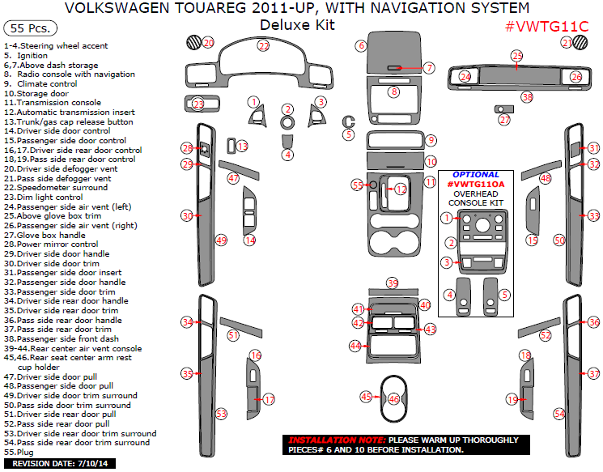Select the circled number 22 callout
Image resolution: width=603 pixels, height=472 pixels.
click(x=263, y=46)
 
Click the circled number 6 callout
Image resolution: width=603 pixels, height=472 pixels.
click(x=361, y=46)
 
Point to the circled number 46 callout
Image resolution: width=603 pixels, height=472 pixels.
click(x=394, y=399)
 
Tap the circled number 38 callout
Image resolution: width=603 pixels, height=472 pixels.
click(x=527, y=97)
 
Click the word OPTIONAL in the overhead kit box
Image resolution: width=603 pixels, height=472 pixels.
click(x=476, y=175)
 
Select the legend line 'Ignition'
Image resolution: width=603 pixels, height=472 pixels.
click(x=32, y=56)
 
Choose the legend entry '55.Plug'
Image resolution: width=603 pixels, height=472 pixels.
click(x=20, y=453)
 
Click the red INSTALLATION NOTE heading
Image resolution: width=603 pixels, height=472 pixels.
click(x=328, y=440)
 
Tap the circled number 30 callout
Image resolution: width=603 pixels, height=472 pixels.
click(x=187, y=216)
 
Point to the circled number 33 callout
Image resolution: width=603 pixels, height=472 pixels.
click(x=593, y=216)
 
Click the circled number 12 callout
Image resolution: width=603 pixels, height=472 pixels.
click(x=401, y=189)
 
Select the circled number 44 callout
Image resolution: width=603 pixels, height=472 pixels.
click(x=355, y=346)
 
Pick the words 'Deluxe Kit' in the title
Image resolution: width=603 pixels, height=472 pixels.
click(x=296, y=25)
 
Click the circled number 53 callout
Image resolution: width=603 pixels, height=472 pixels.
click(x=221, y=413)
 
